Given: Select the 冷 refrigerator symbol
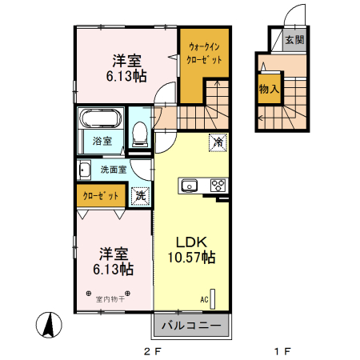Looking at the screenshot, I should (x=217, y=142).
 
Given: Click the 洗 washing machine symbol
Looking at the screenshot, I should (x=140, y=194).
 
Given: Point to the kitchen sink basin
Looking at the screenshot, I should (x=190, y=186).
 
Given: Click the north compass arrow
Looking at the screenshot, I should (x=49, y=324).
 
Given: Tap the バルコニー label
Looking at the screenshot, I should (x=192, y=326).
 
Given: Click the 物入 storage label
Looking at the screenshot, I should (x=268, y=90).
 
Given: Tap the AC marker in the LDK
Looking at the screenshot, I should (x=205, y=299).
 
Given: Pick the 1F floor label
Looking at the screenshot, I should (x=281, y=350).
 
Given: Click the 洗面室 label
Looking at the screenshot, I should (x=114, y=170).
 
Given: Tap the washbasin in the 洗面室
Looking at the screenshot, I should (x=84, y=170).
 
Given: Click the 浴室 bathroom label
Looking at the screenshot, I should (x=101, y=142).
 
